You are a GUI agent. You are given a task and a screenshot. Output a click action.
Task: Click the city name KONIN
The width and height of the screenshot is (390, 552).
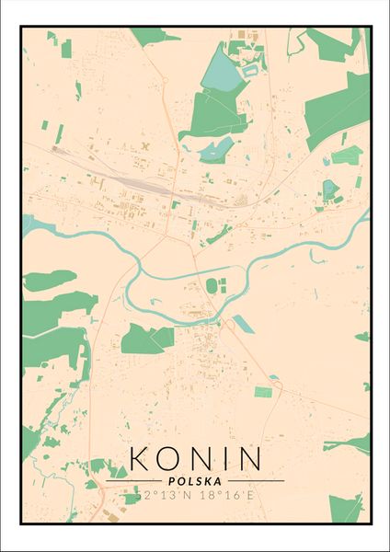195,458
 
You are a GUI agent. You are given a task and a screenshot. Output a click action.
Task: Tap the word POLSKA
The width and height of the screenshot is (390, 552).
195,480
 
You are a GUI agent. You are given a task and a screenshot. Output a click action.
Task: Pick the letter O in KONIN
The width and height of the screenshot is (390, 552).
169,458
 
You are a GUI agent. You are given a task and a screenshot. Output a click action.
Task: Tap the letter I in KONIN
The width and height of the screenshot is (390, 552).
221,458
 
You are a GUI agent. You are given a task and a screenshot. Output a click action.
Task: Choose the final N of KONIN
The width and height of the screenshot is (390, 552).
247,458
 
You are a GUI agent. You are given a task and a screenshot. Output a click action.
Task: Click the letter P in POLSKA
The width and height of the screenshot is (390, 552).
172,480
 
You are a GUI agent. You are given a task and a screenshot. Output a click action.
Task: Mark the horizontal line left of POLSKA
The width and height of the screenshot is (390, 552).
133,481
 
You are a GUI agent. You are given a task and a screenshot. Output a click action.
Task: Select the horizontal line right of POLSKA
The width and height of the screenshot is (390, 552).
257,481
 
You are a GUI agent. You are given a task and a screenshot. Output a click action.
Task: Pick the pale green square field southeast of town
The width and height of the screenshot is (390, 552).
263,393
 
